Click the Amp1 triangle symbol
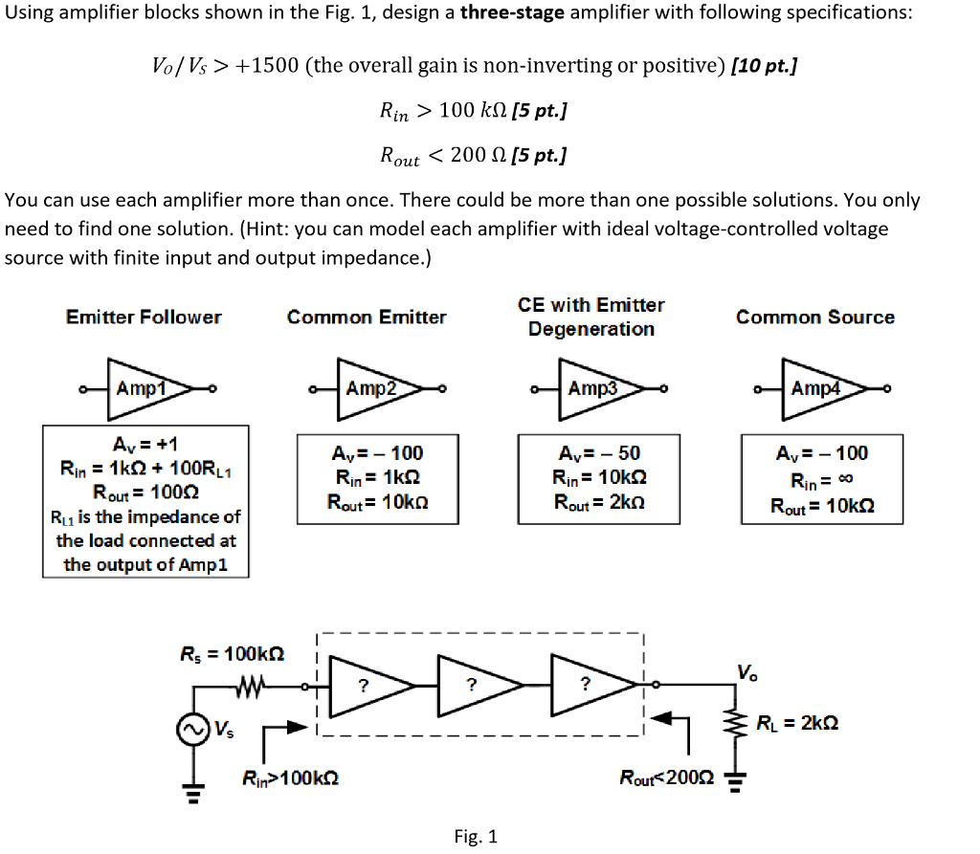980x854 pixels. (144, 389)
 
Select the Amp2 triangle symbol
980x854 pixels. (371, 389)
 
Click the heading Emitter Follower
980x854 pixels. (144, 317)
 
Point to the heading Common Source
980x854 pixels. (815, 317)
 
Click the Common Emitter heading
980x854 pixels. (367, 317)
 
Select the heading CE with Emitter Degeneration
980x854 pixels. (591, 317)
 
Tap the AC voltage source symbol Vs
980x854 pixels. (191, 731)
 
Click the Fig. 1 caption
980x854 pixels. (476, 837)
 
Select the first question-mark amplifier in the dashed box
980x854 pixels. (367, 685)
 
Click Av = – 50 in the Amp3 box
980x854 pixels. (591, 453)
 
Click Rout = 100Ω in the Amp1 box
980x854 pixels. (144, 493)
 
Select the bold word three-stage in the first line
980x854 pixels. (515, 14)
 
